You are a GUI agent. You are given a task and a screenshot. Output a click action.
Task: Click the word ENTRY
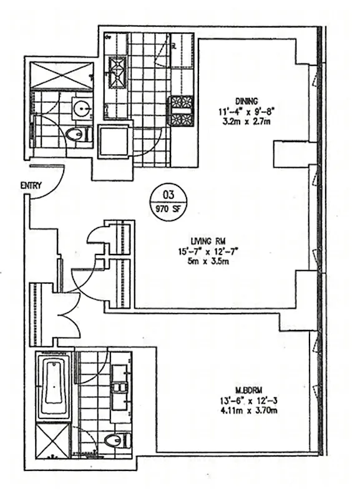click(31, 185)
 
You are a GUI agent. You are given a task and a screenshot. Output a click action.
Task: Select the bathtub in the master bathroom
click(54, 386)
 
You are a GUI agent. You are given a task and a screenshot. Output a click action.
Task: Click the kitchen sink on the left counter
click(117, 70)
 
